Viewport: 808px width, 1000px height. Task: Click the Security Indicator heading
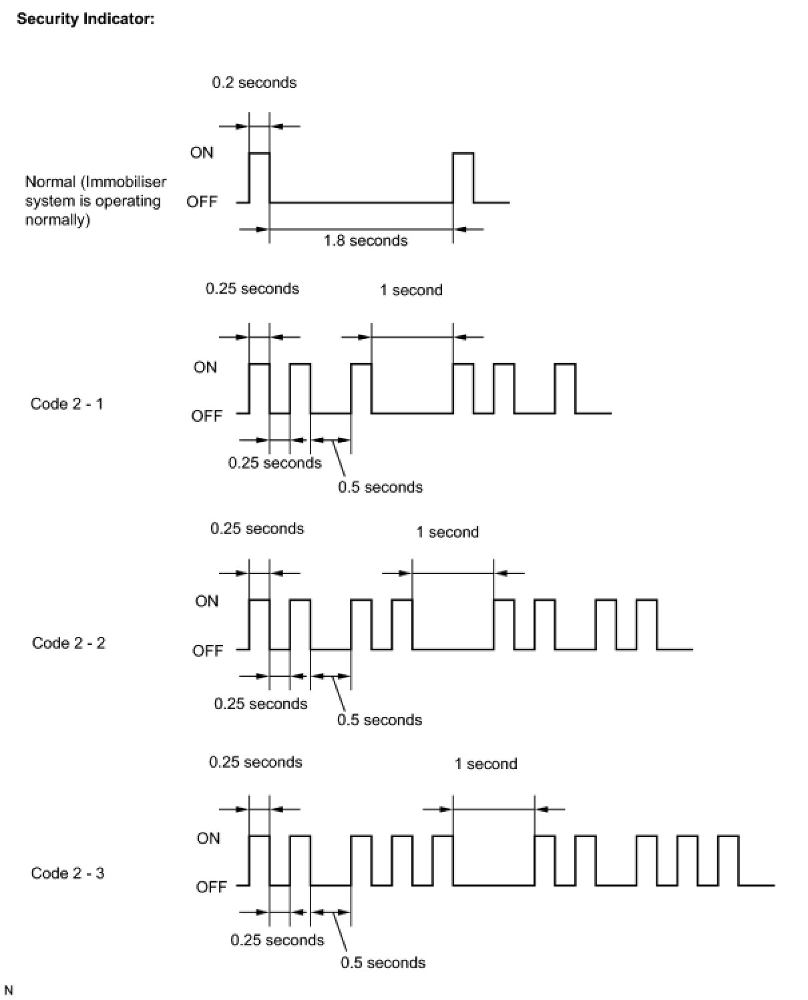click(x=85, y=19)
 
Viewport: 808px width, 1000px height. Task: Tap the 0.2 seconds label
click(x=254, y=83)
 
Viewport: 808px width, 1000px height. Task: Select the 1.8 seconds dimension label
click(x=365, y=241)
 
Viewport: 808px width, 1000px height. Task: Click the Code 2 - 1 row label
click(x=67, y=404)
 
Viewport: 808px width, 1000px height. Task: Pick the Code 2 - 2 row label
click(x=69, y=643)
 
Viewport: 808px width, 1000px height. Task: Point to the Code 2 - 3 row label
click(x=67, y=873)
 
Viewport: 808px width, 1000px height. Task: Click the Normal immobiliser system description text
click(x=95, y=201)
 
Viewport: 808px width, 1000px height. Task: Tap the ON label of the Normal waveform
click(x=202, y=152)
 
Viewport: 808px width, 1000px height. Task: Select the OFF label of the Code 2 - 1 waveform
click(x=206, y=416)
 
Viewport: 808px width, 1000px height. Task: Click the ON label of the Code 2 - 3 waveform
click(x=208, y=838)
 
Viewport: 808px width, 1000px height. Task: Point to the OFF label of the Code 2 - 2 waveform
click(x=207, y=650)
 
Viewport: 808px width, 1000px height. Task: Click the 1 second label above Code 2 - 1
click(x=411, y=290)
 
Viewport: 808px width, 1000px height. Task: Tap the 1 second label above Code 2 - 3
click(x=486, y=764)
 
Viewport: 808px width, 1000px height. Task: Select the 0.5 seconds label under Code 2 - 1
click(x=380, y=487)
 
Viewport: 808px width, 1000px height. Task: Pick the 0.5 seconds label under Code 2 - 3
click(x=383, y=963)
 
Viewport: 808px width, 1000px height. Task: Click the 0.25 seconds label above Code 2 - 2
click(x=257, y=529)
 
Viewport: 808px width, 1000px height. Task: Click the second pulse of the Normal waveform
click(x=463, y=177)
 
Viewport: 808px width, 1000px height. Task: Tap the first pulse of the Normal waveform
click(x=259, y=177)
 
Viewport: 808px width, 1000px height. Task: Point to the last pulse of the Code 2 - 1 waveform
click(x=565, y=389)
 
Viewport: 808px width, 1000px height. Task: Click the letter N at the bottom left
click(x=9, y=990)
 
